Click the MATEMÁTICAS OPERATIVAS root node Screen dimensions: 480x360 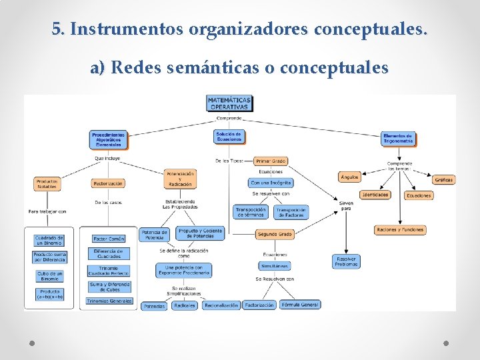pyautogui.click(x=229, y=103)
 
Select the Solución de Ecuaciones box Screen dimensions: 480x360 pyautogui.click(x=229, y=136)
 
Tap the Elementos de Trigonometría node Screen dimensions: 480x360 pyautogui.click(x=398, y=138)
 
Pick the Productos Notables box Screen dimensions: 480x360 pyautogui.click(x=47, y=183)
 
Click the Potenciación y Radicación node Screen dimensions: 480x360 pyautogui.click(x=180, y=179)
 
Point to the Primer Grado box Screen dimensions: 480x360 pyautogui.click(x=271, y=161)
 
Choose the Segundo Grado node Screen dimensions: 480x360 pyautogui.click(x=274, y=234)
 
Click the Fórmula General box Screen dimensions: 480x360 pyautogui.click(x=300, y=305)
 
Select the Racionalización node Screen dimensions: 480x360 pyautogui.click(x=221, y=305)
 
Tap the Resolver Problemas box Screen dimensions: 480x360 pyautogui.click(x=346, y=261)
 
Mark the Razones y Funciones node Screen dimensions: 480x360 pyautogui.click(x=400, y=230)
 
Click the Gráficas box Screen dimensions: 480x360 pyautogui.click(x=443, y=179)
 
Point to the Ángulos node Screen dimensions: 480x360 pyautogui.click(x=349, y=177)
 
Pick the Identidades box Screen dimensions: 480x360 pyautogui.click(x=375, y=195)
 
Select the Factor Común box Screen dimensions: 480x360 pyautogui.click(x=109, y=238)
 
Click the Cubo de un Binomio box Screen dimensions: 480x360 pyautogui.click(x=50, y=275)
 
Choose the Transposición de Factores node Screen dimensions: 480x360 pyautogui.click(x=291, y=211)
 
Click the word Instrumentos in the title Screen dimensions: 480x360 pyautogui.click(x=127, y=30)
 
